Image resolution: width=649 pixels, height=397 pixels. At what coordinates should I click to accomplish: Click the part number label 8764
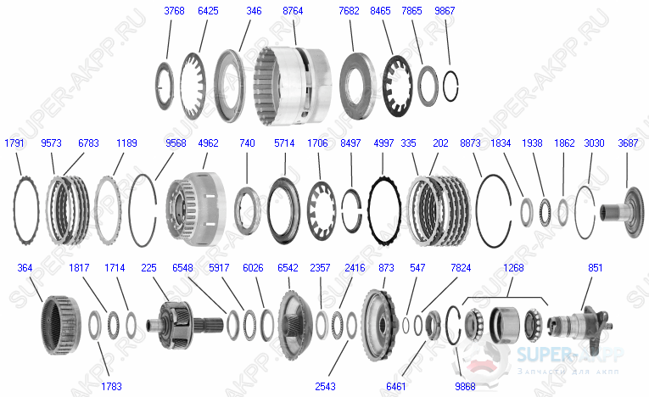pyautogui.click(x=294, y=11)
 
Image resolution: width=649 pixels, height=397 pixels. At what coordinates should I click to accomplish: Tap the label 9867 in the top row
pyautogui.click(x=444, y=11)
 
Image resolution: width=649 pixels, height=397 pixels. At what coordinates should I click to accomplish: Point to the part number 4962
pyautogui.click(x=209, y=143)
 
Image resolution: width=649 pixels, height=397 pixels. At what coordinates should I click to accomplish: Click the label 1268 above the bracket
pyautogui.click(x=513, y=268)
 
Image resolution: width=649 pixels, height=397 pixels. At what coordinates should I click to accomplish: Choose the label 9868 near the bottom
pyautogui.click(x=466, y=386)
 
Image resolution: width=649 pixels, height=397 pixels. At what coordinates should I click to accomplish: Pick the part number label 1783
pyautogui.click(x=111, y=386)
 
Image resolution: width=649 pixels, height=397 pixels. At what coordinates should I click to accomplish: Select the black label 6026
pyautogui.click(x=253, y=268)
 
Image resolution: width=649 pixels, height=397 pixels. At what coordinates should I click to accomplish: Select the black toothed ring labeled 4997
pyautogui.click(x=383, y=206)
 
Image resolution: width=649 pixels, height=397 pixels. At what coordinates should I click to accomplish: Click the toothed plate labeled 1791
pyautogui.click(x=27, y=206)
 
